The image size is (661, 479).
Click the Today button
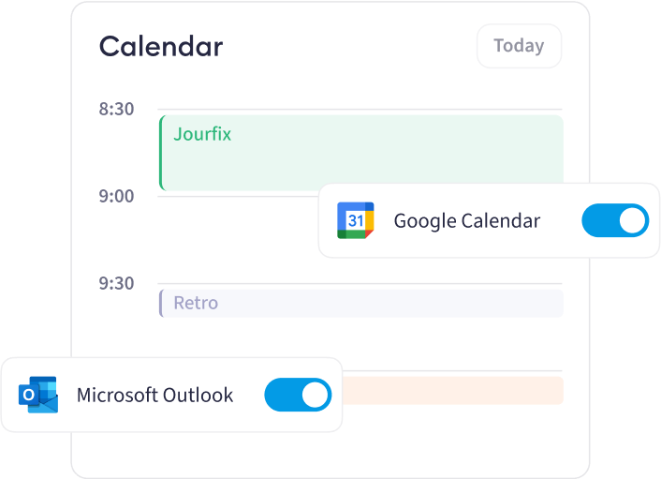519,46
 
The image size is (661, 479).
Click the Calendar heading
161,46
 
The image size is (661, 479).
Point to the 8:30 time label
116,109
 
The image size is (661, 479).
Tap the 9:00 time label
116,196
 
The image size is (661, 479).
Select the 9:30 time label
116,283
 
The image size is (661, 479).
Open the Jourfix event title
202,135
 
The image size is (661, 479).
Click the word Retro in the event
196,303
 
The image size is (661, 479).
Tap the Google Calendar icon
356,220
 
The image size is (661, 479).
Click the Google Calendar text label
467,221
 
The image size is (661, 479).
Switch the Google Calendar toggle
615,220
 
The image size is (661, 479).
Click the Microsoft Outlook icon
38,395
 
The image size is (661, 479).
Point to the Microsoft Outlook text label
154,395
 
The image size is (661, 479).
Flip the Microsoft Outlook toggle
298,395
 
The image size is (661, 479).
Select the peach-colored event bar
453,390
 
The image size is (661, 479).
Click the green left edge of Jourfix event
161,153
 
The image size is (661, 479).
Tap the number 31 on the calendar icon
356,220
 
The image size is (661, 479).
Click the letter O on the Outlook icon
29,395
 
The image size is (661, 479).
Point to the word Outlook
198,395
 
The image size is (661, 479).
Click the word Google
425,221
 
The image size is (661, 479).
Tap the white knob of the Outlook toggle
315,395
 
